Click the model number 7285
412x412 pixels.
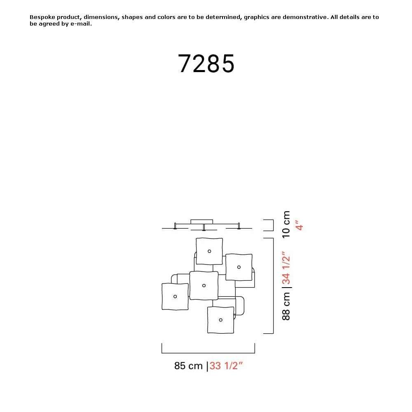206,63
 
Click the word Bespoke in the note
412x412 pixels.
42,17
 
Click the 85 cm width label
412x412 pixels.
188,365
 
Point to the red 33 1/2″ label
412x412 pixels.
226,365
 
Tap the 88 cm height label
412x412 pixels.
286,306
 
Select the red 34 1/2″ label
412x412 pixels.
286,268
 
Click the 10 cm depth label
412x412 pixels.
286,225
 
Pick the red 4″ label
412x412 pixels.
299,225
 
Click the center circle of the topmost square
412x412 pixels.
209,251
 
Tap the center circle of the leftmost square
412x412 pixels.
175,297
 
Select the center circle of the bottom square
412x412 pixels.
221,320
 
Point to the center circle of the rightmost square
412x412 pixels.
239,267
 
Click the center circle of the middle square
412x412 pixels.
204,286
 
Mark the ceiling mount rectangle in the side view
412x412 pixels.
202,222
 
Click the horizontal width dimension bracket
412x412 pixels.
208,353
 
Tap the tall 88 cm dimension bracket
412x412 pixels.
273,286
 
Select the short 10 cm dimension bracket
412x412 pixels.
273,225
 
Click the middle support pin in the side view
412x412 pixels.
204,227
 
